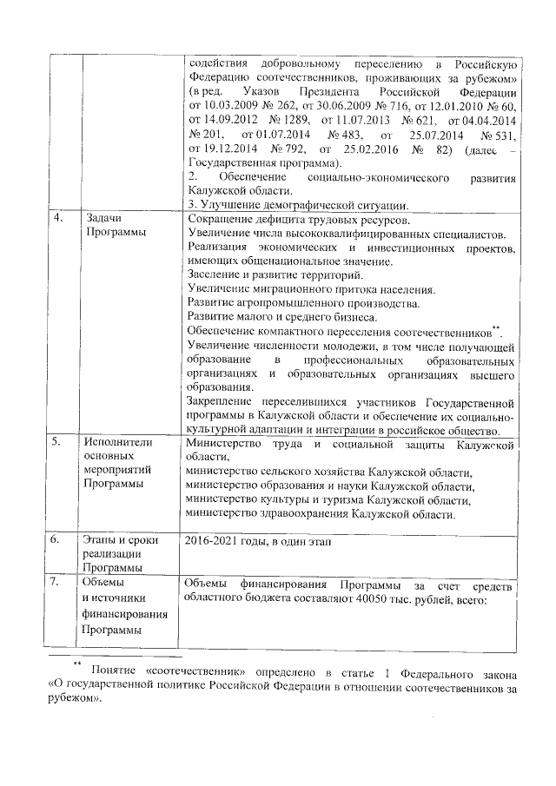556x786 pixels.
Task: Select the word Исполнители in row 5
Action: [x=118, y=443]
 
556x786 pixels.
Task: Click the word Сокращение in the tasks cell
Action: [x=221, y=220]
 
